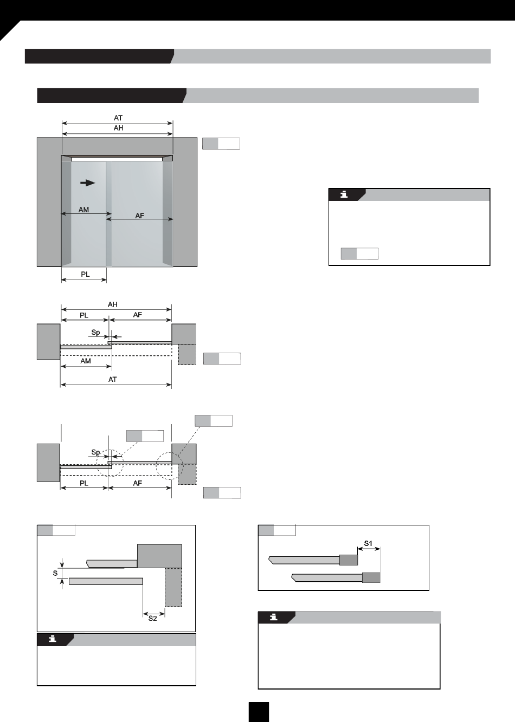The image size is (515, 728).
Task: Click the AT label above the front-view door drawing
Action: pos(118,118)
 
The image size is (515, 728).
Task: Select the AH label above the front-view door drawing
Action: pos(118,128)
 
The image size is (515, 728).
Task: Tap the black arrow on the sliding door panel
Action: pos(87,183)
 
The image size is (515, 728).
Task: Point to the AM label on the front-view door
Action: pos(83,210)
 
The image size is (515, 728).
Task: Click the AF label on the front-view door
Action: pos(139,216)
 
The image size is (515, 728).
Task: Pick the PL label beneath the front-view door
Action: pos(85,274)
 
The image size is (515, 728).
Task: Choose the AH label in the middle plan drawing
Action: pos(113,304)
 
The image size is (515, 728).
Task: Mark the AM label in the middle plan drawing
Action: pos(86,361)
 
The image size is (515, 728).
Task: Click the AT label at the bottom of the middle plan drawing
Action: pos(113,379)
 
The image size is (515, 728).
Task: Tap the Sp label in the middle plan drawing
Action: pos(95,333)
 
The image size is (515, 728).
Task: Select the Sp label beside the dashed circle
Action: pos(95,452)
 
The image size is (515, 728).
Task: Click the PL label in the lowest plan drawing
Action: pos(84,483)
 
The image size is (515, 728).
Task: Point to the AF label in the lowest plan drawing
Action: pos(138,483)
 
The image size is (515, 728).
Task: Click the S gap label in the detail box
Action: pos(55,573)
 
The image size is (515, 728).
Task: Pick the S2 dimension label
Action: pos(152,618)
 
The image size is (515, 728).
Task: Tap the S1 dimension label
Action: pos(368,543)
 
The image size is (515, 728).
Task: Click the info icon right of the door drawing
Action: pos(344,194)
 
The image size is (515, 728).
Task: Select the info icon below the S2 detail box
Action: pos(53,639)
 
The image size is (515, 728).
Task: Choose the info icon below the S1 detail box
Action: pos(274,617)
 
